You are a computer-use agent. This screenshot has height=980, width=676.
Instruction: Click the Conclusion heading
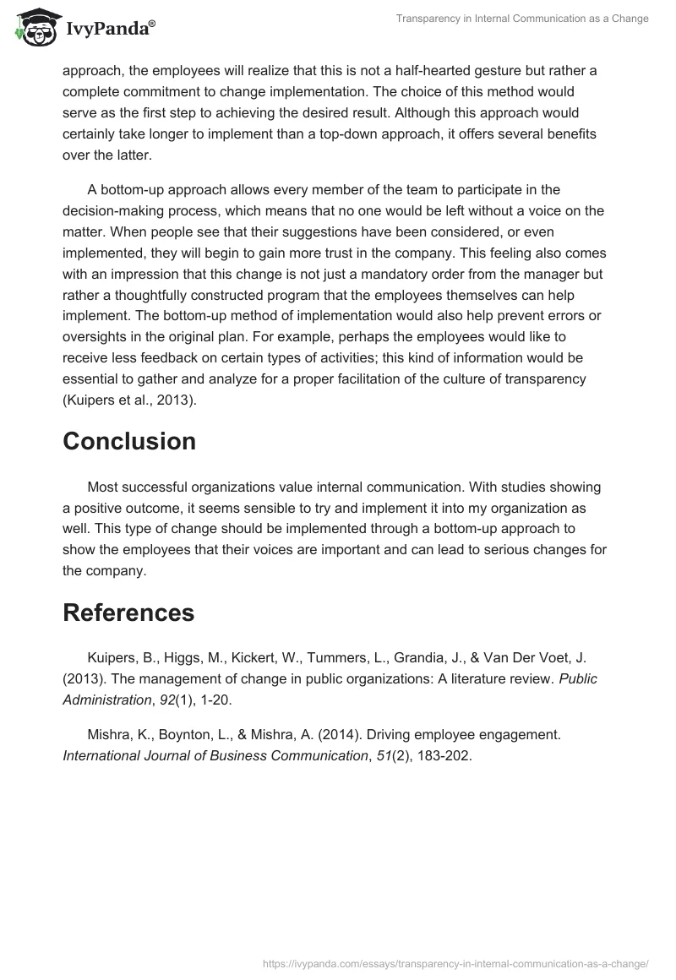pyautogui.click(x=129, y=441)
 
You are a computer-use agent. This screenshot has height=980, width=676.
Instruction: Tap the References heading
pyautogui.click(x=128, y=612)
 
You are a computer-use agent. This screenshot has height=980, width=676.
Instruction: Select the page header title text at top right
pyautogui.click(x=522, y=19)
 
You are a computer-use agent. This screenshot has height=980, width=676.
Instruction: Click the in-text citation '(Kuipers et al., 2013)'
pyautogui.click(x=129, y=400)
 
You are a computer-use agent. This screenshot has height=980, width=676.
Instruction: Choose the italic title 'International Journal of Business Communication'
pyautogui.click(x=215, y=756)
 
